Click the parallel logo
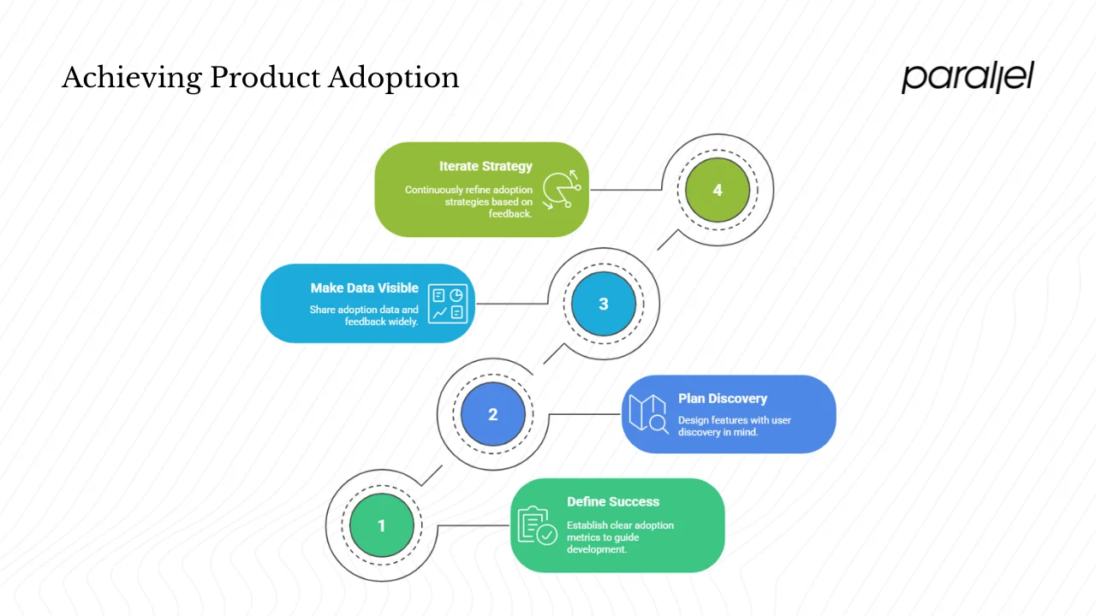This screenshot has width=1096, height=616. click(968, 77)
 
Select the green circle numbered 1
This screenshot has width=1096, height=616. click(382, 525)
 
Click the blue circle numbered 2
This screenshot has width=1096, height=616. click(492, 414)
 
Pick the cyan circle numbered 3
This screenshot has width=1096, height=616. click(603, 304)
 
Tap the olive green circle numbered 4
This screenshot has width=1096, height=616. click(718, 190)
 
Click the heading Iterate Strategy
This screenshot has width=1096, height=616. click(485, 166)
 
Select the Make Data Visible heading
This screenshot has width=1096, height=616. click(365, 288)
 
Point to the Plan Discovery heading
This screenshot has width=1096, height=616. click(723, 398)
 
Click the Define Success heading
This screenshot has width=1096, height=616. click(613, 501)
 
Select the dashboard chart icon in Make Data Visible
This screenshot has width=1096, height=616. click(448, 304)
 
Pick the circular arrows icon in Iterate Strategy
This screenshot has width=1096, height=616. click(561, 190)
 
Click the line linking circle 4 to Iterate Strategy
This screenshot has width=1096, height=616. click(625, 190)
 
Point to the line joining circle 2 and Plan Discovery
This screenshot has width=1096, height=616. click(584, 414)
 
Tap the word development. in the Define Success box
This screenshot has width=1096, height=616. click(597, 548)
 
